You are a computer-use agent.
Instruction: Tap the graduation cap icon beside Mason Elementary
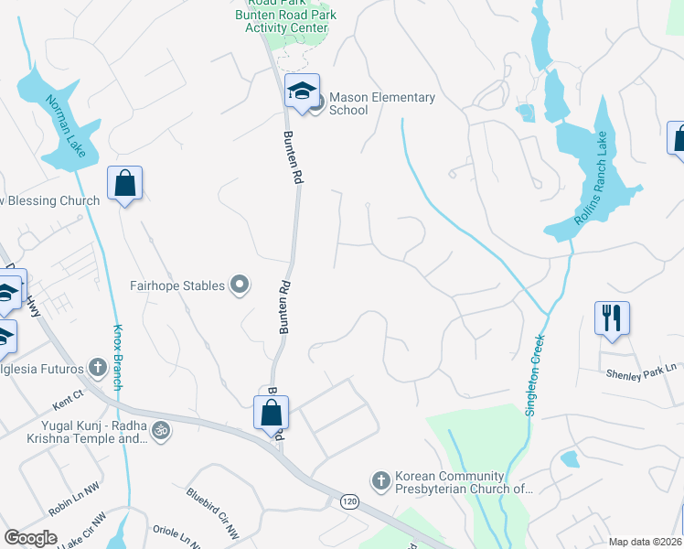click(x=302, y=91)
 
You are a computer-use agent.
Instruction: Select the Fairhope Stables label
click(x=177, y=285)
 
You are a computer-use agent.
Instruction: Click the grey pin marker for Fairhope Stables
click(x=240, y=286)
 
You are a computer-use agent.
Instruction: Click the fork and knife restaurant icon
click(x=612, y=318)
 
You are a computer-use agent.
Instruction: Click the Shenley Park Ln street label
click(x=641, y=372)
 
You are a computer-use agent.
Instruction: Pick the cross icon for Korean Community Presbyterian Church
click(x=381, y=479)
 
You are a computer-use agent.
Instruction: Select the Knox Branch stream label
click(x=118, y=357)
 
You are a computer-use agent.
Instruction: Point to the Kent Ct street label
click(x=68, y=399)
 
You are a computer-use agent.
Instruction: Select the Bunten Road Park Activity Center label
click(x=286, y=18)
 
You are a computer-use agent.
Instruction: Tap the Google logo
click(x=31, y=538)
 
